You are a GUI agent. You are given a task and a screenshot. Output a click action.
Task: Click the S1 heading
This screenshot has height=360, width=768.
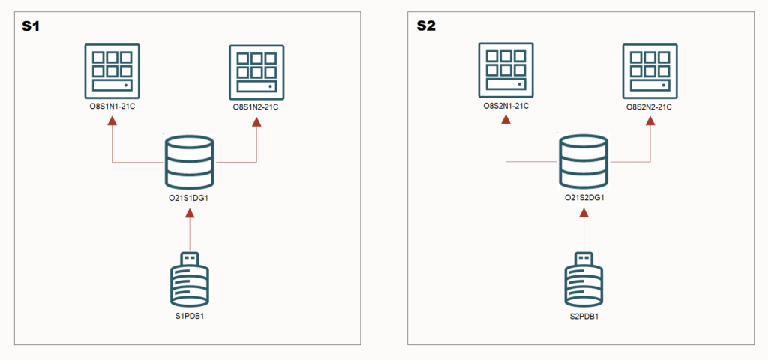[30, 26]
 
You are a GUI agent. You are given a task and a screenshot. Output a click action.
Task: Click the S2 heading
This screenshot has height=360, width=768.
[426, 26]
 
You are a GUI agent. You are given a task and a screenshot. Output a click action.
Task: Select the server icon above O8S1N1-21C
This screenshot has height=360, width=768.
[112, 71]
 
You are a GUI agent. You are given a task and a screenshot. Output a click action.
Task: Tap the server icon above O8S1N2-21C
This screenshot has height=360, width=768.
[256, 73]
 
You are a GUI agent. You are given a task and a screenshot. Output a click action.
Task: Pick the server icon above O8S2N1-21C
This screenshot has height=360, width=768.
[505, 70]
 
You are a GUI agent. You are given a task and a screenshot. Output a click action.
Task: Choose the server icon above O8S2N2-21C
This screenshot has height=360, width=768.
[650, 71]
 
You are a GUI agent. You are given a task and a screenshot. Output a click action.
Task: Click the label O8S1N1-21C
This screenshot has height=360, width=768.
[112, 106]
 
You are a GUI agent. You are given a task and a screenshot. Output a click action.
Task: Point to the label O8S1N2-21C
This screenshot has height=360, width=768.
[256, 107]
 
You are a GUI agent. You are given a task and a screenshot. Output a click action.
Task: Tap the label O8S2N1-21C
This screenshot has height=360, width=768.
[505, 105]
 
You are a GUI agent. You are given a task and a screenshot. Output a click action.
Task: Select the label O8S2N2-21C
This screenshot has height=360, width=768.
[650, 106]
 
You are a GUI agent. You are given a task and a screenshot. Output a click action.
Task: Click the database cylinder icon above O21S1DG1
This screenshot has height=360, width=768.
[189, 162]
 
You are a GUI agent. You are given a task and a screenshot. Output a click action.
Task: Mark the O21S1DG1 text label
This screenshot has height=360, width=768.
[189, 199]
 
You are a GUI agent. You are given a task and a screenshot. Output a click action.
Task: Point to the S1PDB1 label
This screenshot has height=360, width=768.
[190, 316]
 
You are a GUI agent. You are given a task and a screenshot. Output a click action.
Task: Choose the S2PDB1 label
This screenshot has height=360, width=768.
[583, 316]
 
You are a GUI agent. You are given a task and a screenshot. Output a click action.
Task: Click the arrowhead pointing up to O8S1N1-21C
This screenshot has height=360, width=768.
[112, 121]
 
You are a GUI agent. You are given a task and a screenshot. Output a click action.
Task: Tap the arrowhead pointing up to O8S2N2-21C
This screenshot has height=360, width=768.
[650, 121]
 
